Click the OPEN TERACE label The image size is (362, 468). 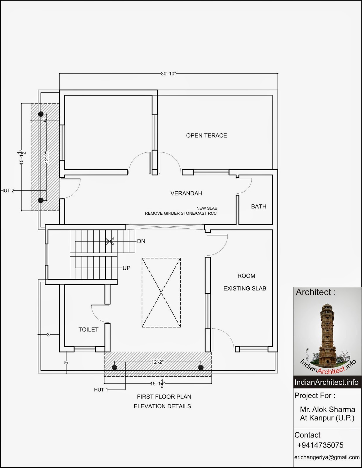(x=206, y=135)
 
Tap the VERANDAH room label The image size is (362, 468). (x=186, y=193)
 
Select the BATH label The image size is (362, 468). (x=259, y=206)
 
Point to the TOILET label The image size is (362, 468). (x=88, y=330)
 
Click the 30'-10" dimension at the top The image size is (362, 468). (x=169, y=74)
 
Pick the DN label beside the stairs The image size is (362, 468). (x=141, y=241)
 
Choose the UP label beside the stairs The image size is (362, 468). (x=126, y=268)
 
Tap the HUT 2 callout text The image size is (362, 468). (x=7, y=191)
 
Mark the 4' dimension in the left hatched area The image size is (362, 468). (x=45, y=121)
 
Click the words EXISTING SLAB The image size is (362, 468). (x=245, y=288)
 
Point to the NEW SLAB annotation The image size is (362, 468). (x=207, y=208)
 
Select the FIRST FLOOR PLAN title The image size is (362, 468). (x=164, y=397)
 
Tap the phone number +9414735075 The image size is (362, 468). (x=320, y=445)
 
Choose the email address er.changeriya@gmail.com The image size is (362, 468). (x=327, y=457)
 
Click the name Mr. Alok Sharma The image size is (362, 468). (x=327, y=409)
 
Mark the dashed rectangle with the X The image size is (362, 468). (x=161, y=292)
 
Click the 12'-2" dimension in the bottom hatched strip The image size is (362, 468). (x=158, y=362)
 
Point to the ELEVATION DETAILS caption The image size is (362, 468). (x=162, y=406)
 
